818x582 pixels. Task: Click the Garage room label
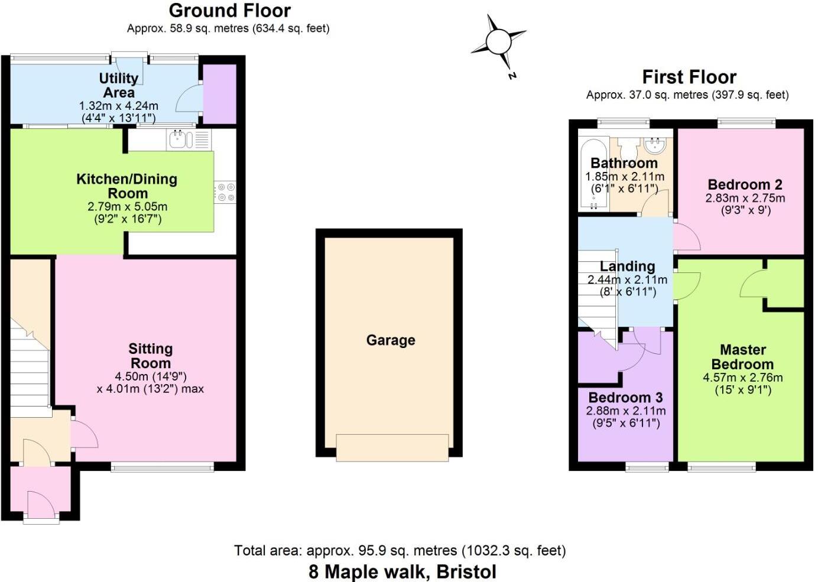[x=391, y=340]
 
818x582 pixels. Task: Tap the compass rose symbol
[x=498, y=42]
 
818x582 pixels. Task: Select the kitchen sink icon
[x=180, y=139]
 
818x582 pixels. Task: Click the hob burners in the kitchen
[x=226, y=192]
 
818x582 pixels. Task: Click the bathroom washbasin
[x=656, y=144]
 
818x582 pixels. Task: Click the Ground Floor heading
[x=229, y=11]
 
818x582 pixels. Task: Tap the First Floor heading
[x=689, y=77]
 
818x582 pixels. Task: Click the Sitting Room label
[x=151, y=356]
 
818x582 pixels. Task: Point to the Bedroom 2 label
[x=745, y=184]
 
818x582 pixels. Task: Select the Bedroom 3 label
[x=625, y=398]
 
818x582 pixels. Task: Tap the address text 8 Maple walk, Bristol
[x=402, y=571]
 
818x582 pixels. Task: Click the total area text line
[x=400, y=551]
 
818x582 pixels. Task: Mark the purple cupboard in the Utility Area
[x=220, y=93]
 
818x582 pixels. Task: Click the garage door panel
[x=392, y=447]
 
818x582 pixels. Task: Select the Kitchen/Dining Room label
[x=127, y=186]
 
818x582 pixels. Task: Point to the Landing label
[x=627, y=266]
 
